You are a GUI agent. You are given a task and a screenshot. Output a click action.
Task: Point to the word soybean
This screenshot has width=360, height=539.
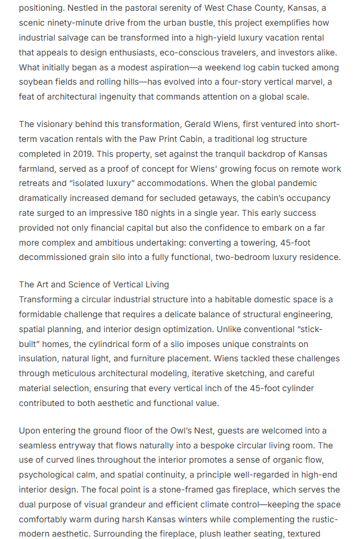pos(36,82)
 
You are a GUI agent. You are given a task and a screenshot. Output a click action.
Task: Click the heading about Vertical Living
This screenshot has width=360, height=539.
pos(94,284)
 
